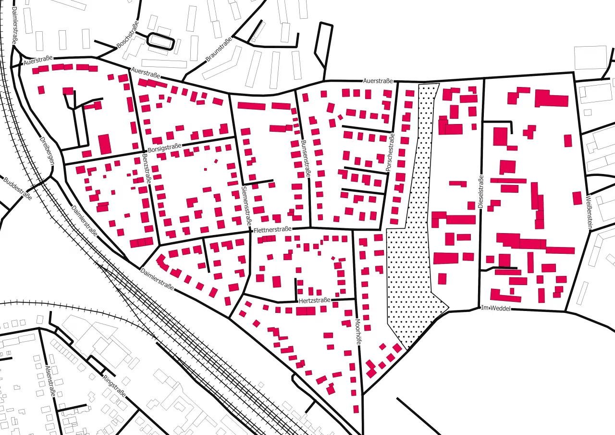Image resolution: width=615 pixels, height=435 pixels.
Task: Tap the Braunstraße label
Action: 219,50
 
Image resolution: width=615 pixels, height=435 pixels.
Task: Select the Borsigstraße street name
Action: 164,148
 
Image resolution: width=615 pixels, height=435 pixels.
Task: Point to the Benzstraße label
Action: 146,169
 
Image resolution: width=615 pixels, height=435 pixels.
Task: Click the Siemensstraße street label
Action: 246,205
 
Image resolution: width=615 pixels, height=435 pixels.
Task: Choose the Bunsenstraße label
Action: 305,159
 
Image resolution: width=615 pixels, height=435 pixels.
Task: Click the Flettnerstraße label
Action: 272,230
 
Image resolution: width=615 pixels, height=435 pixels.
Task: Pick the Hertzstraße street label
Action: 315,300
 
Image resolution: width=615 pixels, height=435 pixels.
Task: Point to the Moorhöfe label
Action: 357,332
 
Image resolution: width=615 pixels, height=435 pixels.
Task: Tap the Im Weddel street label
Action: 495,308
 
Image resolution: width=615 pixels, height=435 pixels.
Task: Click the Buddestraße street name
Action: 17,189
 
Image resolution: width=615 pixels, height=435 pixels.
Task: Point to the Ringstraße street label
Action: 114,386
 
